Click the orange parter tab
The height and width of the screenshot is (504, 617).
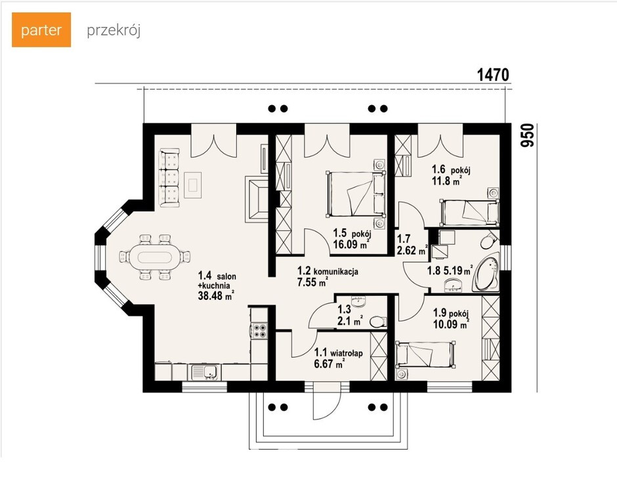[41, 30]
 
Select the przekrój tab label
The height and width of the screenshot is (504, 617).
[114, 31]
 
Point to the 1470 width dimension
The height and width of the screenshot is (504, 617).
[493, 75]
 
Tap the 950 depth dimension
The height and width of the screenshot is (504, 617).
[528, 135]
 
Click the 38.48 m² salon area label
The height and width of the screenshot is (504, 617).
[217, 295]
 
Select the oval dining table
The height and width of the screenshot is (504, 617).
[154, 257]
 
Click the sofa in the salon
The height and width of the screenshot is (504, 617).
[169, 177]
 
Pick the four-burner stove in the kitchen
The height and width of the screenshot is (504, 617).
[259, 331]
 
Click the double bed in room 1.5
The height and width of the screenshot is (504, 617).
[355, 194]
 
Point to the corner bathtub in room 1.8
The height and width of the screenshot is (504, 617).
[486, 273]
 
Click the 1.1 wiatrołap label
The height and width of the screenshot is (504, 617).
[339, 353]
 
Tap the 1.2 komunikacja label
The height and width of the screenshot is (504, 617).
[328, 270]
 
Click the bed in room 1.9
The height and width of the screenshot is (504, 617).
[425, 354]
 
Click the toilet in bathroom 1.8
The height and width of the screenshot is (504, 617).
[489, 240]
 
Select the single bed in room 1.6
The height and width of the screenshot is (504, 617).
[469, 213]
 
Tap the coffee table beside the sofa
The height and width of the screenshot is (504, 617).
[192, 185]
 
